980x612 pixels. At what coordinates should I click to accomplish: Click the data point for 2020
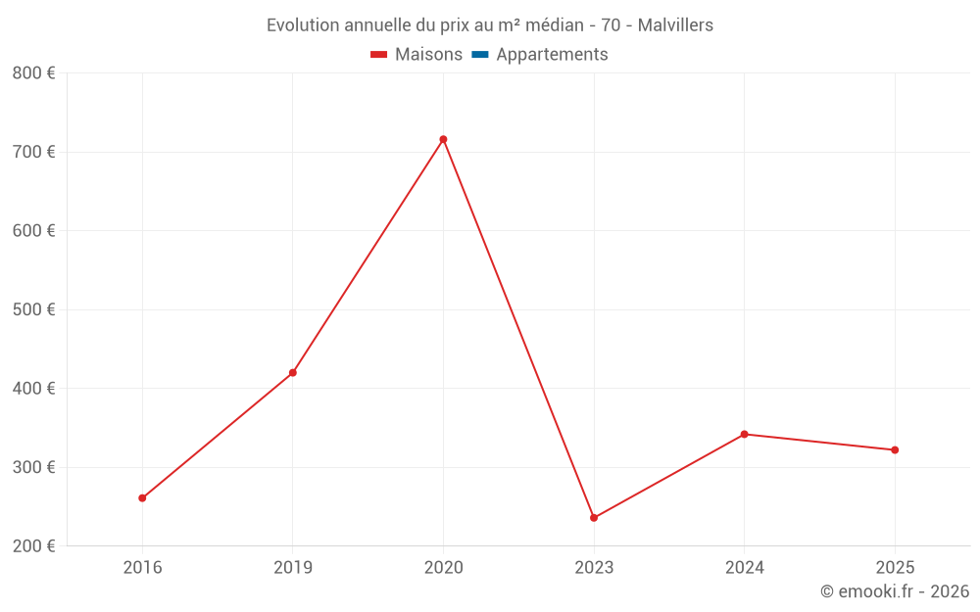click(x=443, y=139)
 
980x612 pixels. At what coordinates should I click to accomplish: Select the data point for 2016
click(x=142, y=498)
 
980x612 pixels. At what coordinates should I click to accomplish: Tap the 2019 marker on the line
click(x=293, y=373)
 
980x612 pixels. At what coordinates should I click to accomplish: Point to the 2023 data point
click(x=594, y=518)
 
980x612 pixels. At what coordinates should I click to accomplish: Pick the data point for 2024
click(x=744, y=434)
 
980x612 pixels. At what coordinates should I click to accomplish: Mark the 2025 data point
click(x=895, y=450)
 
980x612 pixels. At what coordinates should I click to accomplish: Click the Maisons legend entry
click(x=416, y=55)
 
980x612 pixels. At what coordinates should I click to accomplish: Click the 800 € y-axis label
click(x=34, y=73)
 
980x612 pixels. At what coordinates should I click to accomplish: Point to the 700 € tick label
click(x=34, y=152)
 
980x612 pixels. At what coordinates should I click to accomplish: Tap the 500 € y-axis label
click(x=34, y=309)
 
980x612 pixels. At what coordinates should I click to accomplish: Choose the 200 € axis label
click(x=34, y=545)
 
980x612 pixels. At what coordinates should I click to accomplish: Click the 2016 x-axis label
click(x=142, y=567)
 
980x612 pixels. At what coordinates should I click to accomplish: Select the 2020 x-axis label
click(x=443, y=567)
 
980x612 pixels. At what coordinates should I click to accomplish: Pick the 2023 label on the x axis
click(x=594, y=567)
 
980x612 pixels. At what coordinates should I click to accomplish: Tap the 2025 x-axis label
click(x=895, y=567)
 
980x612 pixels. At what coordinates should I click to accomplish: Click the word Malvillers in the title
click(x=675, y=24)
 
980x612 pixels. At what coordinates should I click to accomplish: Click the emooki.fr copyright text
click(x=895, y=591)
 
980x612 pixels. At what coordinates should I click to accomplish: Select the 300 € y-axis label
click(x=34, y=467)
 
